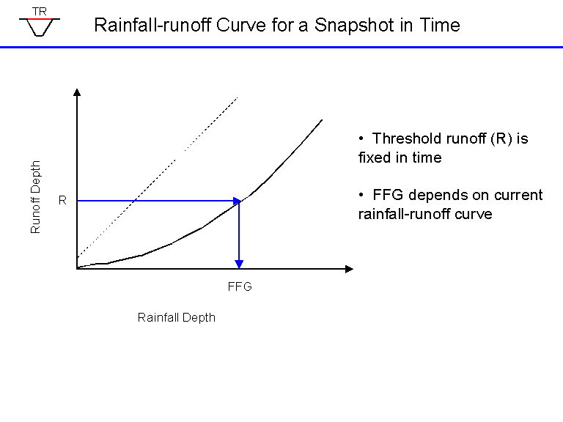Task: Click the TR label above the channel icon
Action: [40, 12]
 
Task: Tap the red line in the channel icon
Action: [40, 18]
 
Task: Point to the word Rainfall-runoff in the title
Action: [152, 25]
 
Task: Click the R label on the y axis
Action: [62, 200]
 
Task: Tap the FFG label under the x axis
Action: [240, 286]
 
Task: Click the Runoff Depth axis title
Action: [35, 197]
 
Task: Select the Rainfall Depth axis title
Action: [176, 317]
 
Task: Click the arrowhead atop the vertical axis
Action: [77, 92]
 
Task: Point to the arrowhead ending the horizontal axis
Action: [349, 269]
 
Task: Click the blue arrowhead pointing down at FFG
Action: [239, 264]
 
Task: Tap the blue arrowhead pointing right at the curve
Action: [237, 201]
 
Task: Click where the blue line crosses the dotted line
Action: [134, 201]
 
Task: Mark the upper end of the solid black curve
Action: [322, 120]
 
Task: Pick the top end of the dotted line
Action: [238, 97]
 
